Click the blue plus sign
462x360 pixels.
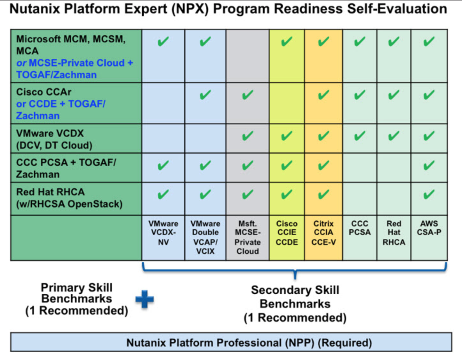(x=145, y=299)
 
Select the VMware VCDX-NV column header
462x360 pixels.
(x=163, y=233)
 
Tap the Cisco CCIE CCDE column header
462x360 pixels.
(x=287, y=233)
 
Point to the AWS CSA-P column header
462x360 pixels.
(x=429, y=228)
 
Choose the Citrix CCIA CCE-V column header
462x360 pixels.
(x=323, y=233)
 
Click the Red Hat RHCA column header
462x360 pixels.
(x=394, y=233)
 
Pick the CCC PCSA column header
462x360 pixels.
(x=360, y=228)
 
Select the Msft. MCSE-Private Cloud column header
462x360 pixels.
(x=248, y=237)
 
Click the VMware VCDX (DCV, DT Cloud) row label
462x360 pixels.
(x=54, y=139)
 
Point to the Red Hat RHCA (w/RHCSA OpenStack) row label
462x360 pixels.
(x=69, y=198)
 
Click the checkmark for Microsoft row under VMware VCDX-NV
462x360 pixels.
(x=163, y=41)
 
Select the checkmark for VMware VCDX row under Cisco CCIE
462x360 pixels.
(x=286, y=136)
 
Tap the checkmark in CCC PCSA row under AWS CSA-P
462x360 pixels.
(x=429, y=165)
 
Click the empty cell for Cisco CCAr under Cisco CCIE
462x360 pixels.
(x=287, y=103)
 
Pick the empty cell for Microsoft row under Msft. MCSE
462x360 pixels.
(x=248, y=56)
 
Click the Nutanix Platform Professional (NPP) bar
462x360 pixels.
(x=231, y=342)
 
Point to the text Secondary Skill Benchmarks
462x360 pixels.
(x=295, y=297)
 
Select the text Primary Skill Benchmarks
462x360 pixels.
(x=76, y=293)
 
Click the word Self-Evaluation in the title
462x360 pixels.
(x=397, y=9)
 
